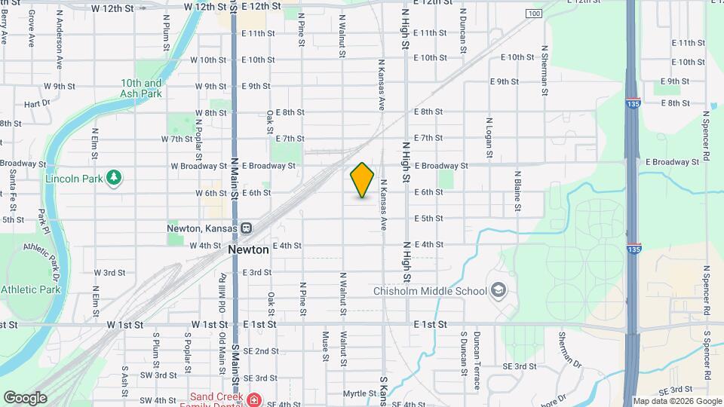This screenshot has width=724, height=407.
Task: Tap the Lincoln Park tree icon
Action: click(114, 177)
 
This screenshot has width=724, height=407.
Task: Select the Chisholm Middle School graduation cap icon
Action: click(498, 290)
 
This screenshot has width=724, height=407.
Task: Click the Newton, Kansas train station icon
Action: click(246, 228)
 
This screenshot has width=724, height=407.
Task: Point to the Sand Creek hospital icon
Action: click(254, 399)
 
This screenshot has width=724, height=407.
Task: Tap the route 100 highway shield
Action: click(534, 14)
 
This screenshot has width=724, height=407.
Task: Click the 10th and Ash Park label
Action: click(141, 88)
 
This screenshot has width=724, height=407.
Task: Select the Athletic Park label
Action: click(30, 289)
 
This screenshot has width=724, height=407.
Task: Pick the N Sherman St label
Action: click(543, 70)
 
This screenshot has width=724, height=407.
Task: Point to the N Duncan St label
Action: click(462, 34)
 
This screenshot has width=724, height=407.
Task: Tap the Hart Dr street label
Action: click(36, 104)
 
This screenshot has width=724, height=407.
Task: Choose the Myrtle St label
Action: click(359, 393)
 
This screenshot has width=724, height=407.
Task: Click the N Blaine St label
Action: click(518, 189)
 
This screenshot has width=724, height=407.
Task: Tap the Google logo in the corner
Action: click(25, 397)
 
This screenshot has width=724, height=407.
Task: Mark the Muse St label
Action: click(327, 347)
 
